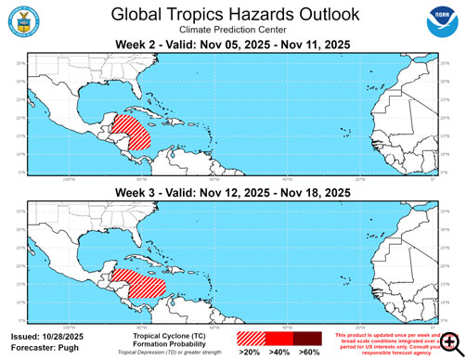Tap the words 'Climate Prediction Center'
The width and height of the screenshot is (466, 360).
click(x=232, y=31)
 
